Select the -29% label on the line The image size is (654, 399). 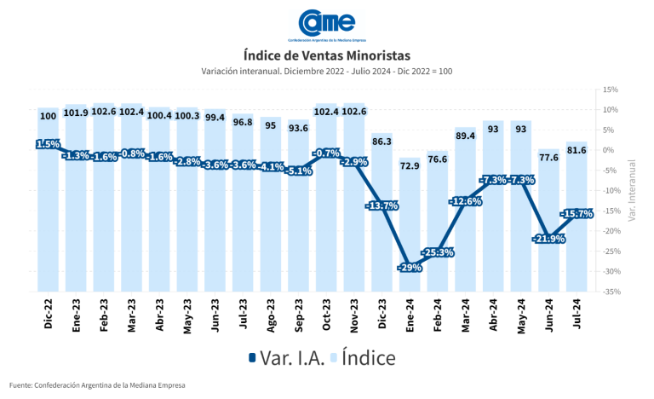[x=409, y=268]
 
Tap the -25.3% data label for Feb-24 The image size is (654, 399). [x=437, y=252]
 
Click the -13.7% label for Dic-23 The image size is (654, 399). [x=381, y=205]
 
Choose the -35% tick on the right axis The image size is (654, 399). [x=610, y=292]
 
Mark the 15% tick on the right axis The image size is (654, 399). [x=610, y=90]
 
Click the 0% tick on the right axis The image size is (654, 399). [x=608, y=150]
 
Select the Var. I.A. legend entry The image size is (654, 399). [x=286, y=358]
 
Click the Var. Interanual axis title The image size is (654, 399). [x=633, y=190]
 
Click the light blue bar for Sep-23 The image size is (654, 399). [x=299, y=222]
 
